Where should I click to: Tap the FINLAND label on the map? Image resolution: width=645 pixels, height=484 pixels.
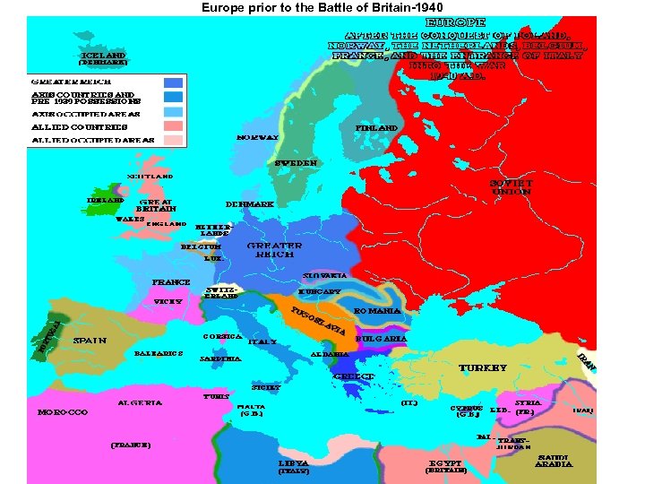[x=376, y=128]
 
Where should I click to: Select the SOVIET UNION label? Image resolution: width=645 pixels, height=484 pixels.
[x=511, y=186]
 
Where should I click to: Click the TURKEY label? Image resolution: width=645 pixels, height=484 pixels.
[x=483, y=367]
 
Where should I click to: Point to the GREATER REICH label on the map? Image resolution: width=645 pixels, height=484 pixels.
[x=274, y=249]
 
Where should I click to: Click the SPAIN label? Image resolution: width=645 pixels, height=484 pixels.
[x=90, y=341]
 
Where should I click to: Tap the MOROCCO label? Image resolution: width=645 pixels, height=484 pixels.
[x=63, y=412]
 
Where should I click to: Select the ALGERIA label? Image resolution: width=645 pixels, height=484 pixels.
[x=140, y=402]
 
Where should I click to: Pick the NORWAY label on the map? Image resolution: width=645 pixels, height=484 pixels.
[x=257, y=137]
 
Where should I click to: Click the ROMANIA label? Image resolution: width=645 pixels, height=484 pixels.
[x=377, y=310]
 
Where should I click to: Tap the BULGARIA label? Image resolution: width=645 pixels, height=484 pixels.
[x=382, y=339]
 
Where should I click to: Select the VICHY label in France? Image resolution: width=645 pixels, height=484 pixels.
[x=168, y=301]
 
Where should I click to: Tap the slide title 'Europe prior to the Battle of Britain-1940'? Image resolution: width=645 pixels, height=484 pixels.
[x=322, y=8]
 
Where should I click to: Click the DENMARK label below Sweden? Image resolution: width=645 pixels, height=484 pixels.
[x=250, y=204]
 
